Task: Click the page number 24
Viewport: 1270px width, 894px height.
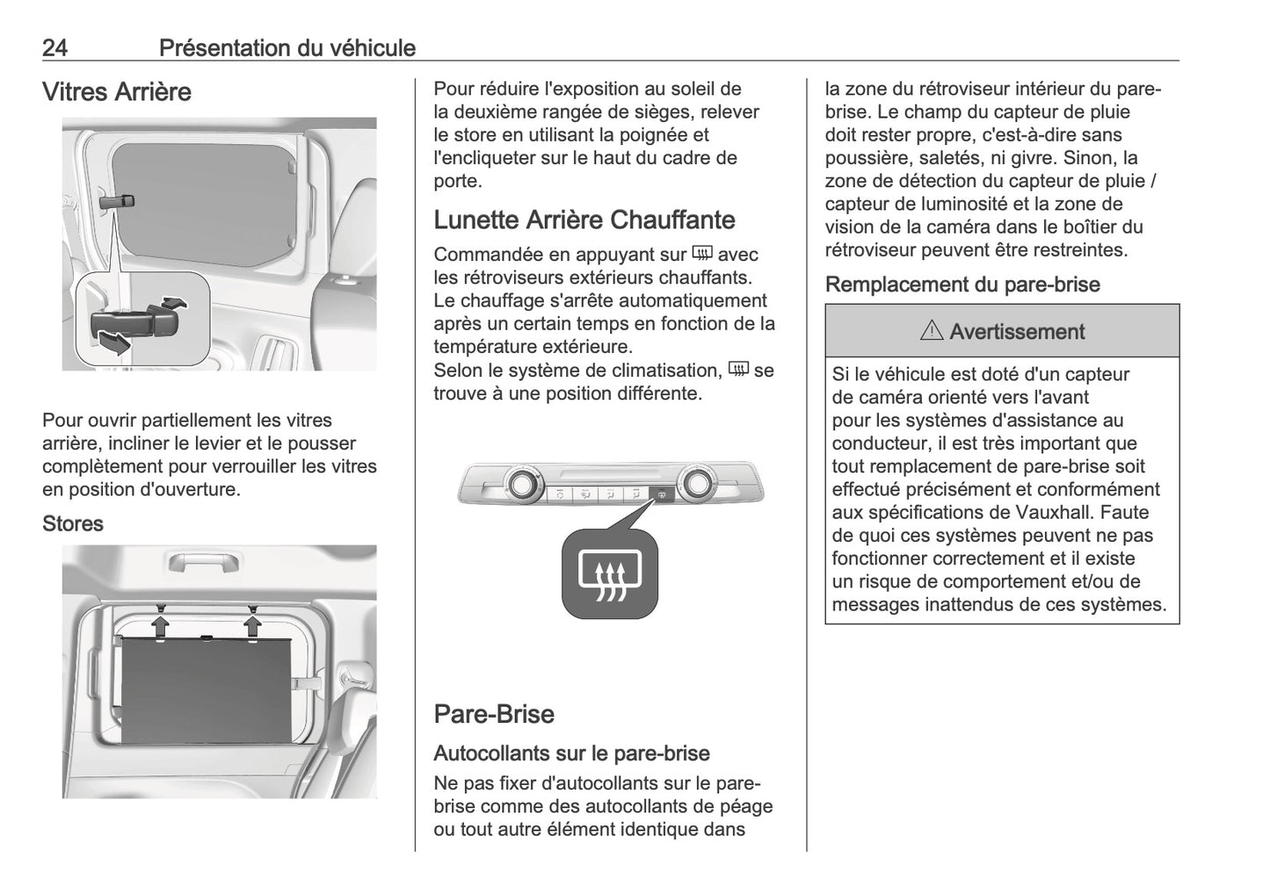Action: pos(54,47)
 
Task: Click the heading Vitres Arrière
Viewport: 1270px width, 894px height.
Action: pos(116,92)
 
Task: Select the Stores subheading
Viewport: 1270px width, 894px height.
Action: pos(73,523)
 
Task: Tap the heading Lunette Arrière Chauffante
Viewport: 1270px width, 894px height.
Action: pos(584,220)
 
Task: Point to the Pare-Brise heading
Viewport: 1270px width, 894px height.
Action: pos(493,714)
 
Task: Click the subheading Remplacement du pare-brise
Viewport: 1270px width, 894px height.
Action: pos(962,285)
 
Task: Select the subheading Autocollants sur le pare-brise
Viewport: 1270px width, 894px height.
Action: pos(571,753)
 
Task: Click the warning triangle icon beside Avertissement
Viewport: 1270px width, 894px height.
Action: pos(932,332)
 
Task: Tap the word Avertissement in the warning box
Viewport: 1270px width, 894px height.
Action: pos(1017,332)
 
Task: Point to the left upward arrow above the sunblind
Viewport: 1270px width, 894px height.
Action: pos(161,624)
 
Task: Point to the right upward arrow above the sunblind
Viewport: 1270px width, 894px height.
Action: pos(253,624)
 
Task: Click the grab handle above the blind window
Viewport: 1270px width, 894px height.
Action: pos(204,563)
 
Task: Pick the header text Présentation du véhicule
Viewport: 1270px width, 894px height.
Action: pos(287,47)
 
